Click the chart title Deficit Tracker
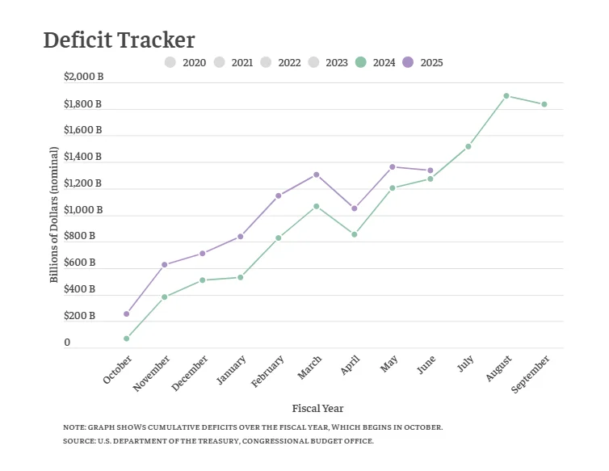(119, 40)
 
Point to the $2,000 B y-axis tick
(83, 78)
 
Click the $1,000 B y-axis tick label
(83, 210)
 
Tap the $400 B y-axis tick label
(79, 289)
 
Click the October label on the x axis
(118, 368)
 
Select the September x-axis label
(531, 374)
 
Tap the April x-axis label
(349, 365)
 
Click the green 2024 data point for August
(506, 96)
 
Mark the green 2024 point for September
(544, 104)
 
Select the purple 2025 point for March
(317, 175)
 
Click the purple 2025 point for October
(127, 313)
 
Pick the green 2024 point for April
(355, 234)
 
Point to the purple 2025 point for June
(430, 170)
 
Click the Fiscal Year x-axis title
(317, 408)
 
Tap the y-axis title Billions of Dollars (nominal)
(55, 215)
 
